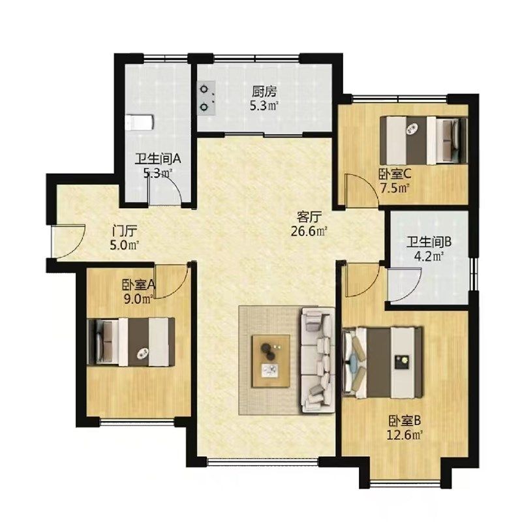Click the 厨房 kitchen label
tap(264, 91)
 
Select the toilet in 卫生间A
tap(140, 123)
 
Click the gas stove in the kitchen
tap(206, 99)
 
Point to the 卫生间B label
tap(429, 242)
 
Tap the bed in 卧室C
tap(423, 140)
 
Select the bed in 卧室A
tap(131, 342)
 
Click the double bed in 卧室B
tap(382, 363)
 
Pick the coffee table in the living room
tap(271, 361)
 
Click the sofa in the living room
tap(318, 361)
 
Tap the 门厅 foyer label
tap(125, 231)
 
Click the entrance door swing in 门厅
tap(69, 241)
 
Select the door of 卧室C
tap(362, 191)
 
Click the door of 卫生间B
tap(405, 284)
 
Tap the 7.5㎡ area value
tap(395, 189)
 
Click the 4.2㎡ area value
tap(430, 256)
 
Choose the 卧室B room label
tap(405, 421)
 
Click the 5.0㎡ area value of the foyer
tap(124, 246)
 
